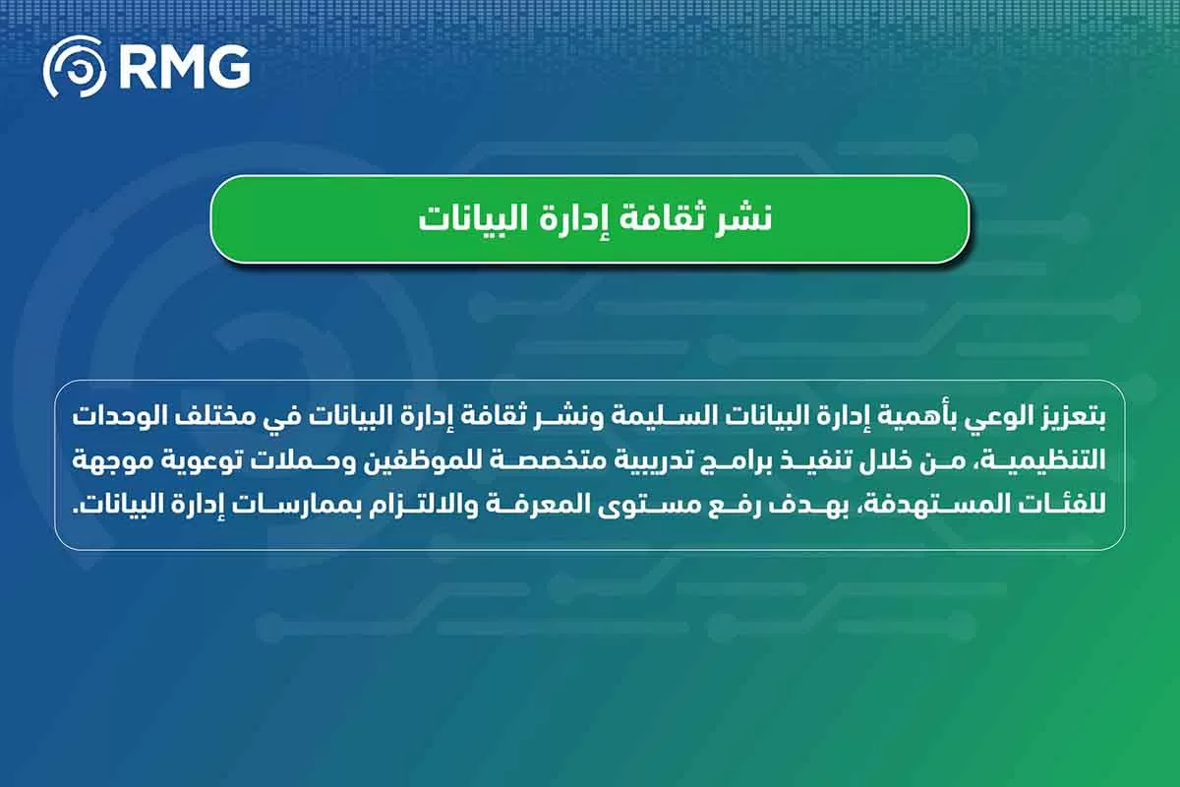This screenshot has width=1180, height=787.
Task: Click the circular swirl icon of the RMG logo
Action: pos(75,67)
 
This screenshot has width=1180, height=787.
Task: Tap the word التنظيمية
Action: pos(1041,460)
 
